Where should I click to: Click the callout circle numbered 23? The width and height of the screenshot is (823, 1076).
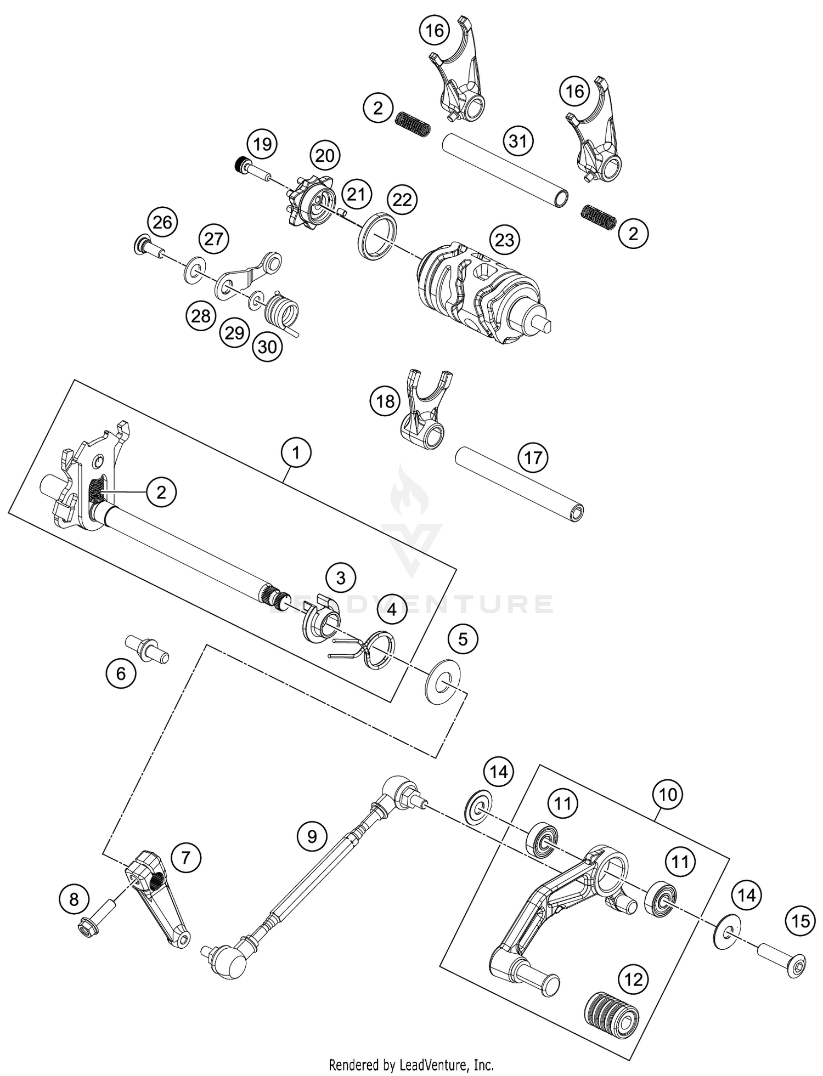pos(504,240)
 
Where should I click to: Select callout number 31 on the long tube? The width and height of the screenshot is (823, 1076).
pos(518,141)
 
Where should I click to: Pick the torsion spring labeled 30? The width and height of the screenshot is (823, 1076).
pos(281,316)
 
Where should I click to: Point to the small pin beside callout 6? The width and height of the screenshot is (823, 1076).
pos(147,649)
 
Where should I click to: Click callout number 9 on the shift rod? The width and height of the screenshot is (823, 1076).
pos(312,837)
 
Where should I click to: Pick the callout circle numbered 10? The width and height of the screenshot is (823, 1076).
pos(667,794)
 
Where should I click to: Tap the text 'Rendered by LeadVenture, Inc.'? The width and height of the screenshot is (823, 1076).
pos(411,1065)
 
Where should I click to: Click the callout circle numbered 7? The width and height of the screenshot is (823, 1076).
pos(186,857)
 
